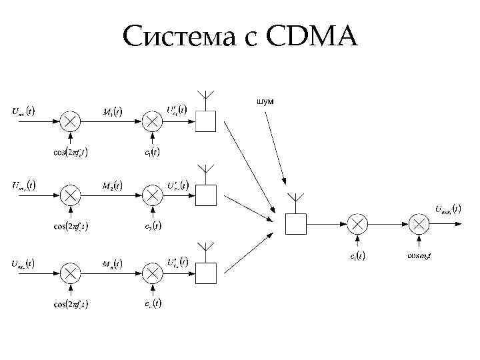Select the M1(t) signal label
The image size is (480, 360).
(112, 111)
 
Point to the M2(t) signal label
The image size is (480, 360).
(112, 185)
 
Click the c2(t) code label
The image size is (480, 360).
(152, 225)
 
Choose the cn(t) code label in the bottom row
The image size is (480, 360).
(152, 303)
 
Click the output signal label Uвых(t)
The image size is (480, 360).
(447, 209)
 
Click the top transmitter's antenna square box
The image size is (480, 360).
(206, 121)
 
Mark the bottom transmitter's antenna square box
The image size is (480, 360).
(206, 273)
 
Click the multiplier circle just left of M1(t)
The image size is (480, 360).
(71, 121)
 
